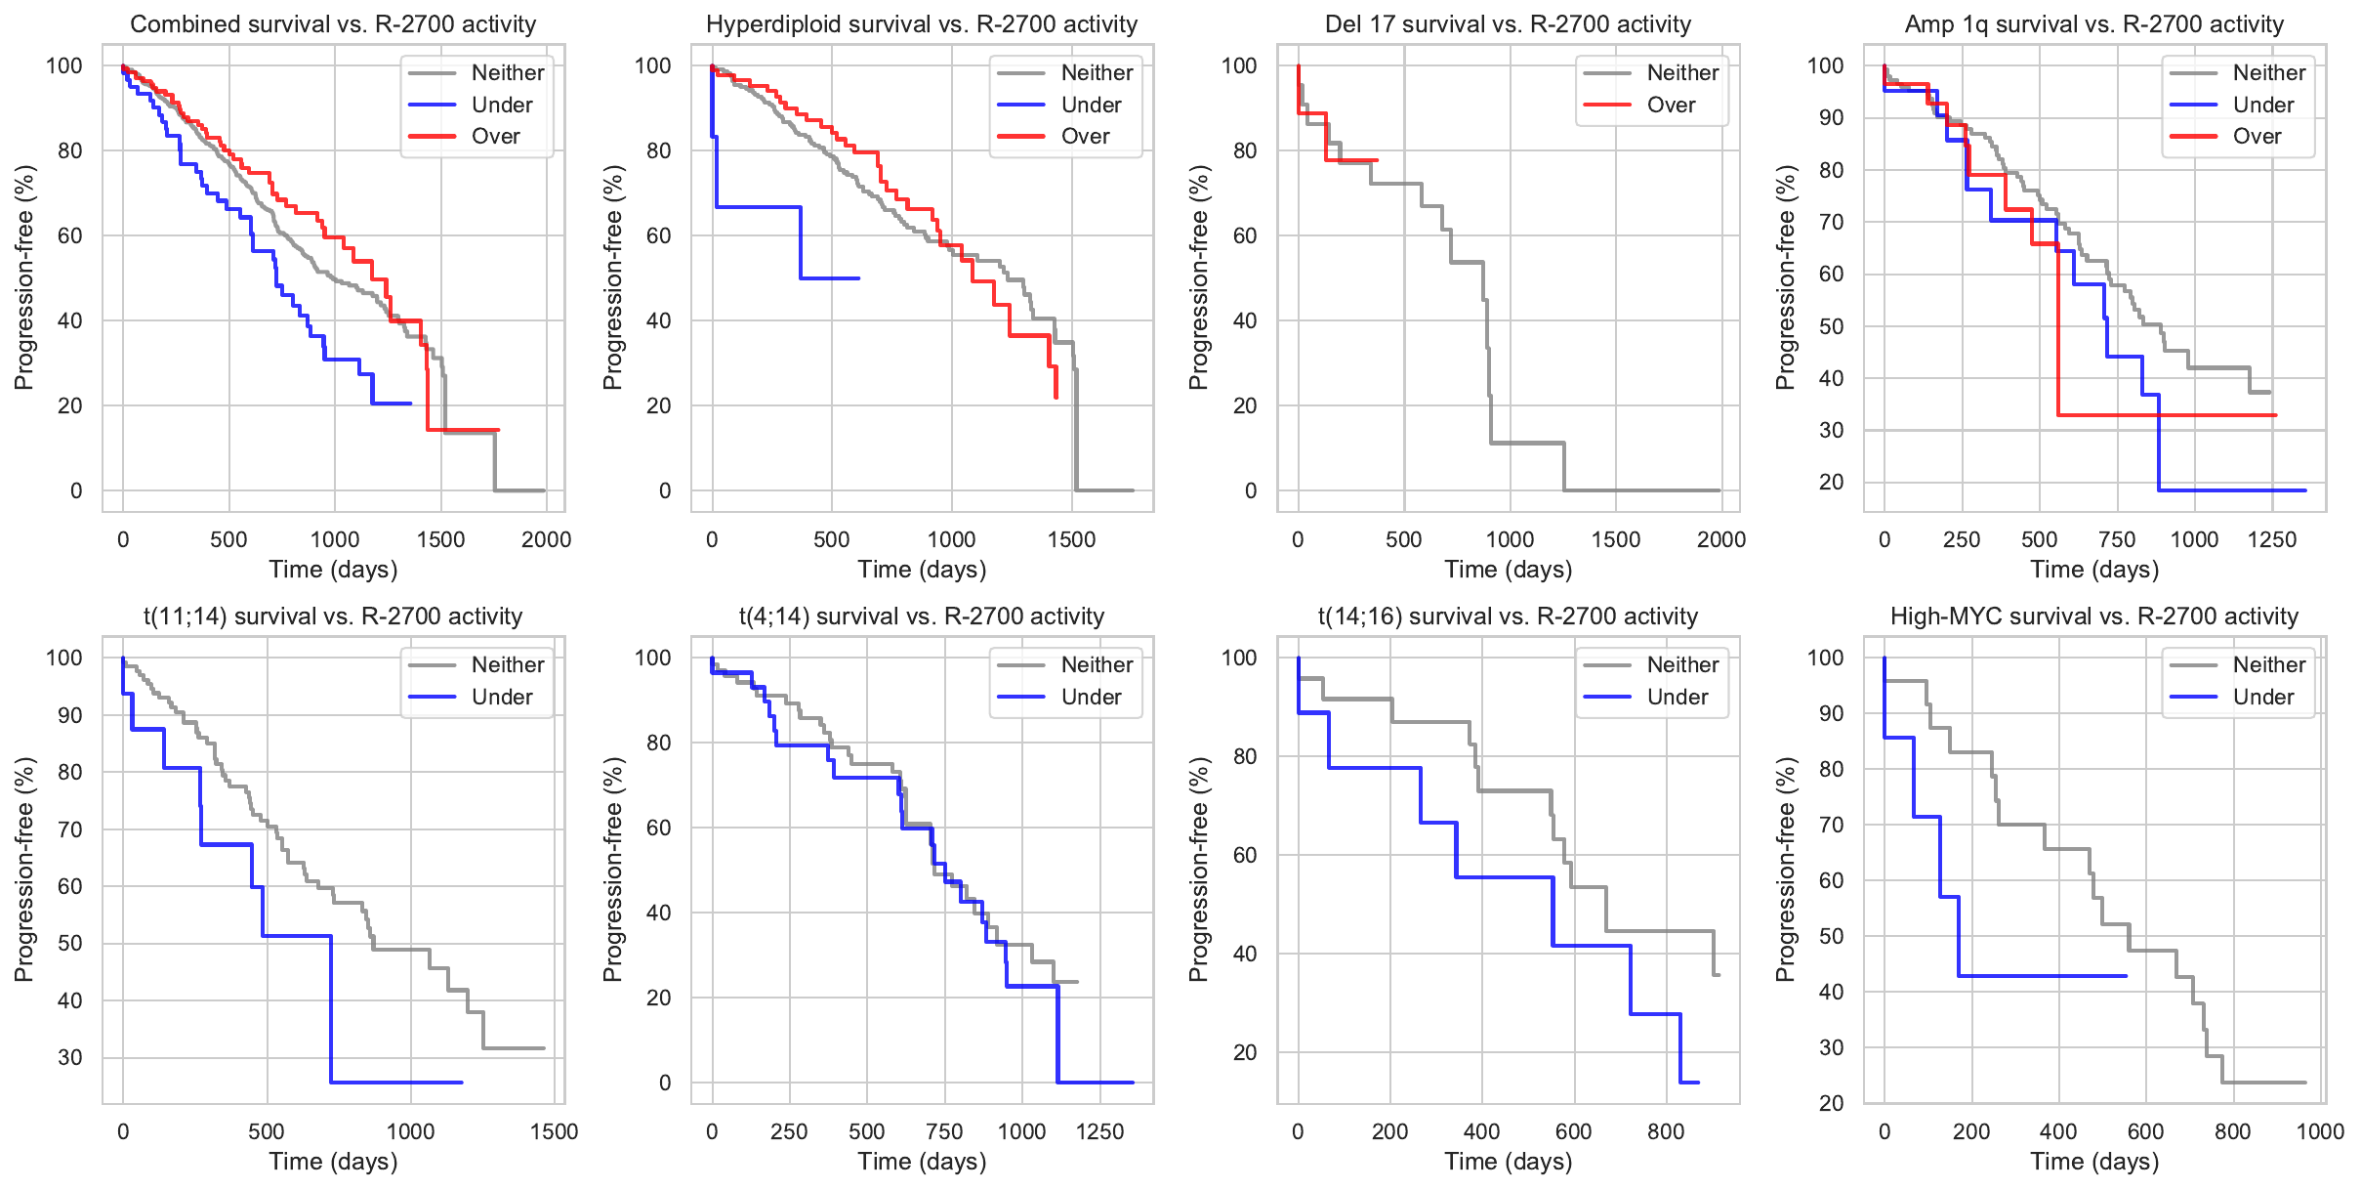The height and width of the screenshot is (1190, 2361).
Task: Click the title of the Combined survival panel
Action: (x=333, y=24)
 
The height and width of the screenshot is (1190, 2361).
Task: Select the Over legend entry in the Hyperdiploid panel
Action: (x=1084, y=137)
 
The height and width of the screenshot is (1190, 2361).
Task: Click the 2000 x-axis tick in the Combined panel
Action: (x=546, y=539)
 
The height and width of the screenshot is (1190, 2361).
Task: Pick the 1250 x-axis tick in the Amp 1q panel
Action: (x=2272, y=539)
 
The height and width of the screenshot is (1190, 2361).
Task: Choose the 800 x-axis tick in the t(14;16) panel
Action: (x=1666, y=1131)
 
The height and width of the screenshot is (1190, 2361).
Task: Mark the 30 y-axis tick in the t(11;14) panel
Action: (x=70, y=1057)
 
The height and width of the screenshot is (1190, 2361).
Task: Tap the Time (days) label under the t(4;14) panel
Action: (x=922, y=1162)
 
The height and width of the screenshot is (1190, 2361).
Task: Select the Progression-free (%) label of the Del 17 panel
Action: (x=1199, y=277)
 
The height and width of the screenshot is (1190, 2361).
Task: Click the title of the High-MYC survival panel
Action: (x=2094, y=616)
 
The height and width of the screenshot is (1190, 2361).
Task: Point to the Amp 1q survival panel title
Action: (x=2094, y=24)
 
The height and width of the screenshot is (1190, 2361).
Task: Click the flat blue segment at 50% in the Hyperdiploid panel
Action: (x=830, y=278)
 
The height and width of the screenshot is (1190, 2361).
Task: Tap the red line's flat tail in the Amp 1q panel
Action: (x=2168, y=415)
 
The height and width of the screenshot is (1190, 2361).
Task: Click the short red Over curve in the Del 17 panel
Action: (x=1351, y=160)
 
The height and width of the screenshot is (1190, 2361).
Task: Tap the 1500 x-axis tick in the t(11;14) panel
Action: (x=554, y=1131)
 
